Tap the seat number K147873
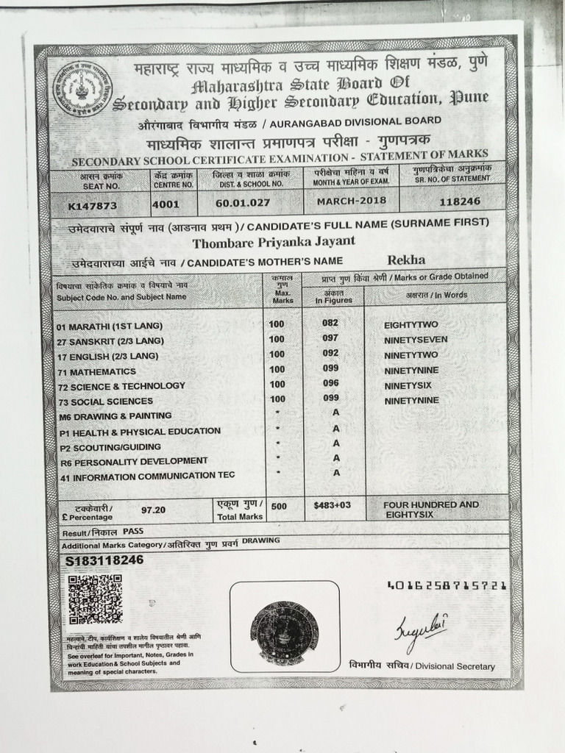(93, 206)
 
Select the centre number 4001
(166, 204)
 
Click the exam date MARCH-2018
(347, 200)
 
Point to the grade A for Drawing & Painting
(335, 414)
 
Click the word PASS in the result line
(133, 530)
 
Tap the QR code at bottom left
(95, 599)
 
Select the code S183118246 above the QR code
(104, 560)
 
